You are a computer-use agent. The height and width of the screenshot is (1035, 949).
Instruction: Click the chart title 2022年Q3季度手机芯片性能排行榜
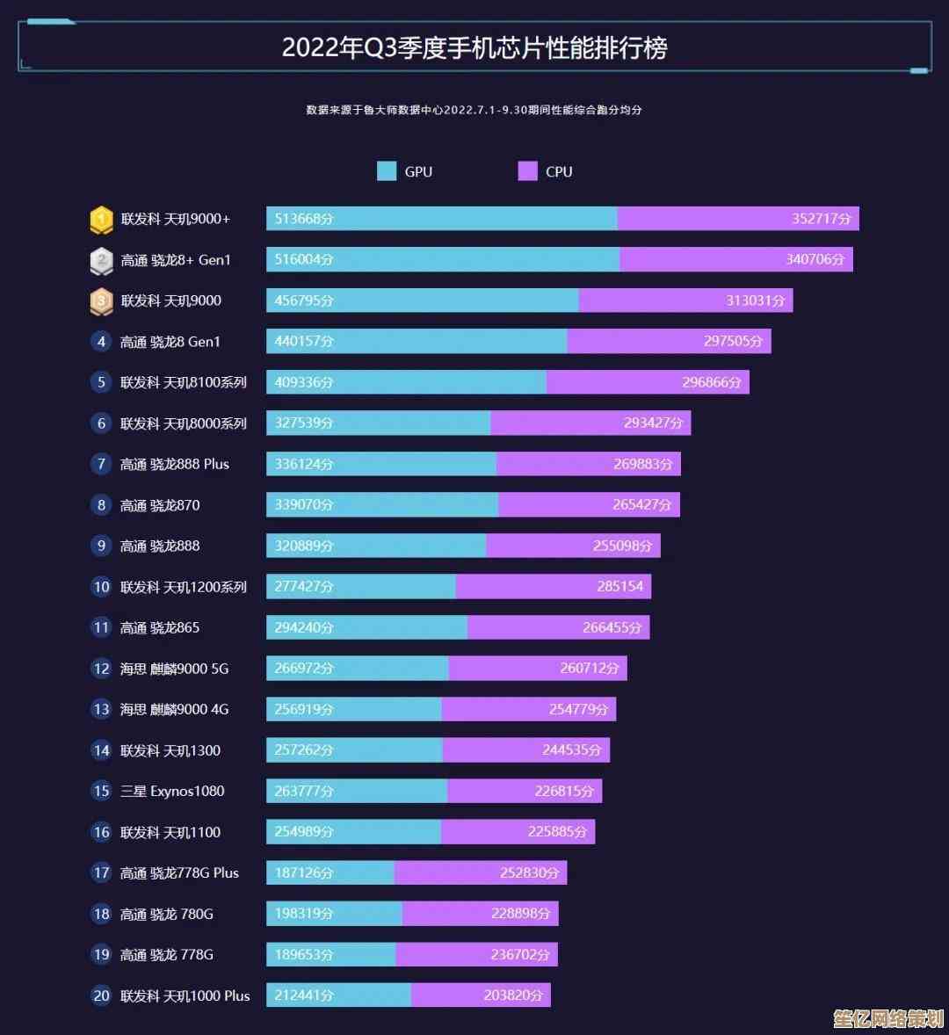tap(474, 47)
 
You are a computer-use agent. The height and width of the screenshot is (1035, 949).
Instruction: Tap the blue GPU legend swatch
tap(387, 171)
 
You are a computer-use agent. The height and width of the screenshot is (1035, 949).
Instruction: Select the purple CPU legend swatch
tap(527, 171)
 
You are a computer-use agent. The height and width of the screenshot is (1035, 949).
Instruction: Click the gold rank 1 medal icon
tap(101, 220)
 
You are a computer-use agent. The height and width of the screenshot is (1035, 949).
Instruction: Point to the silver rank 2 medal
tap(101, 260)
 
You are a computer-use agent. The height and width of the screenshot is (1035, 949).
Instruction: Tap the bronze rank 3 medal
tap(101, 301)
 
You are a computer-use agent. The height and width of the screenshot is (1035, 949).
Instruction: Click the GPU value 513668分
tap(304, 219)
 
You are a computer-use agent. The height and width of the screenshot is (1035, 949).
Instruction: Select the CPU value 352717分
tap(821, 219)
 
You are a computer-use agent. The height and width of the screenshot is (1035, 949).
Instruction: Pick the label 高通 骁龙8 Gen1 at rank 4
tap(170, 342)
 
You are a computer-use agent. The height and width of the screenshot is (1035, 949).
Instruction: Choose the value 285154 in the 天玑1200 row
tap(619, 587)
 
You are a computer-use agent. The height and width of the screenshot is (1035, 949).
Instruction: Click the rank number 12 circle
tap(101, 669)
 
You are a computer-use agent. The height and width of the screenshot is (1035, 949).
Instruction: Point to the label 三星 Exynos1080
tap(172, 791)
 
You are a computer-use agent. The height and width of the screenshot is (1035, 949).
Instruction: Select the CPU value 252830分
tap(529, 872)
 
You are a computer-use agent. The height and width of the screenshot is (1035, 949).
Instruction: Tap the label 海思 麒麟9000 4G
tap(174, 709)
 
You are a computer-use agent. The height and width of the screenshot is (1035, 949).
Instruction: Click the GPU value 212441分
tap(304, 995)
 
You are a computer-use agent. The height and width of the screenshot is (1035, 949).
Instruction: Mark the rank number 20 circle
tap(101, 995)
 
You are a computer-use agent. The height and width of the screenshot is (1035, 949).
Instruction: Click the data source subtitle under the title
tap(474, 110)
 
